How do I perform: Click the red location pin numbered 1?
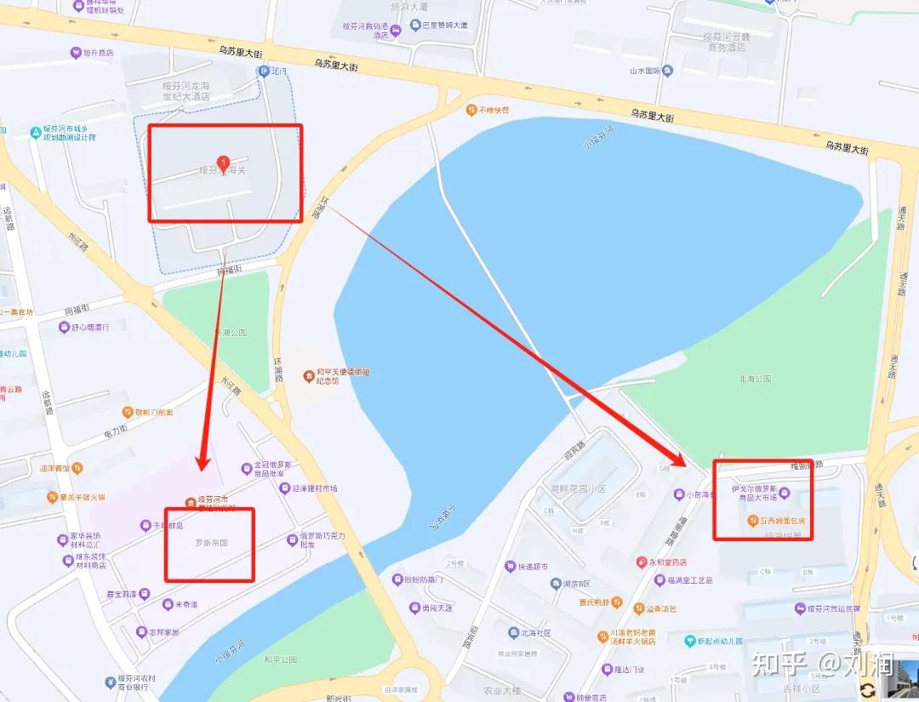pyautogui.click(x=223, y=162)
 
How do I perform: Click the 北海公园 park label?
pyautogui.click(x=756, y=379)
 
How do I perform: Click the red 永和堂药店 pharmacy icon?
pyautogui.click(x=642, y=562)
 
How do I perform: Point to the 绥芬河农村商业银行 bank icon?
pyautogui.click(x=111, y=682)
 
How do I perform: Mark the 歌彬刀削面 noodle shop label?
pyautogui.click(x=153, y=413)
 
